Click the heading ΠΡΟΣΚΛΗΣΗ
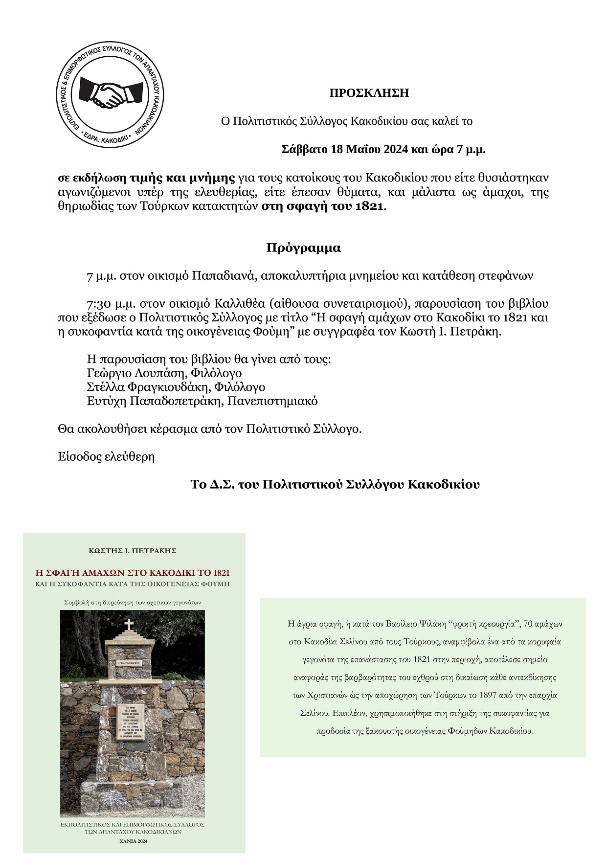click(x=369, y=93)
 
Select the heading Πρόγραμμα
click(x=303, y=248)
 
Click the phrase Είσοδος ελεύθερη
click(x=106, y=457)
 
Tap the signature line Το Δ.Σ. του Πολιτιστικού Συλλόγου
click(x=335, y=485)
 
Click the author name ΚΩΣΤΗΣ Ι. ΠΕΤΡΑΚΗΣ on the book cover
click(x=133, y=551)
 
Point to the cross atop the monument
click(x=128, y=625)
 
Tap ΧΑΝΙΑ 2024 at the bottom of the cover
click(x=133, y=841)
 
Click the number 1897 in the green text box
click(x=467, y=695)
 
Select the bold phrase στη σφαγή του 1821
click(x=323, y=206)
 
